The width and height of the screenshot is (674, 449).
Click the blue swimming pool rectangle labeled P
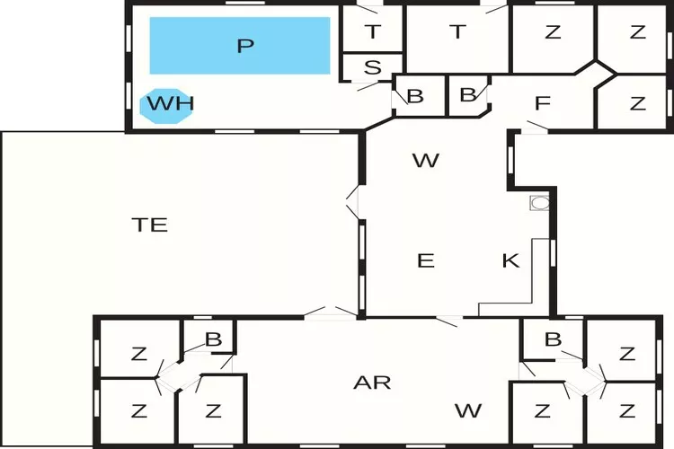[x=239, y=46]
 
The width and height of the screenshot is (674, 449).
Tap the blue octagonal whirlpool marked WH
[x=170, y=104]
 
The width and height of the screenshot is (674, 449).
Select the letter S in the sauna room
[x=371, y=68]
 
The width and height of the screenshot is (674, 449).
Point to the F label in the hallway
[x=542, y=103]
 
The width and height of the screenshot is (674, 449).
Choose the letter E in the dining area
[x=426, y=261]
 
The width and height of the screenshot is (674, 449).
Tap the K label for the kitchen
[x=510, y=261]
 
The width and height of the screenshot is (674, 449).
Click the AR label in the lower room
[x=372, y=383]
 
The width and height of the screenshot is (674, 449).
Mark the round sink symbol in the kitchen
[x=539, y=203]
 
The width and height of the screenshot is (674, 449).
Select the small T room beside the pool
[x=371, y=32]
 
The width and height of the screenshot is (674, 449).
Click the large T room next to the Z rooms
[x=457, y=32]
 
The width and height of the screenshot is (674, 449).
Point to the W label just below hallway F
[x=425, y=161]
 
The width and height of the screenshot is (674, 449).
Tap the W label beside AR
[x=467, y=411]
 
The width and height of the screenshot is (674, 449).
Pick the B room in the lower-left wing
[x=213, y=339]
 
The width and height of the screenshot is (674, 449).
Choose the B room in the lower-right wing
[x=553, y=339]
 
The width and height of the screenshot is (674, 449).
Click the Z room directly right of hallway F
[x=637, y=103]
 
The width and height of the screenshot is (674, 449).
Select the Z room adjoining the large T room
[x=553, y=32]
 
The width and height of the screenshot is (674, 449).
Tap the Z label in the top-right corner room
[x=637, y=32]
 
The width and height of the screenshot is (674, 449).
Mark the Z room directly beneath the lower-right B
[x=542, y=411]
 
